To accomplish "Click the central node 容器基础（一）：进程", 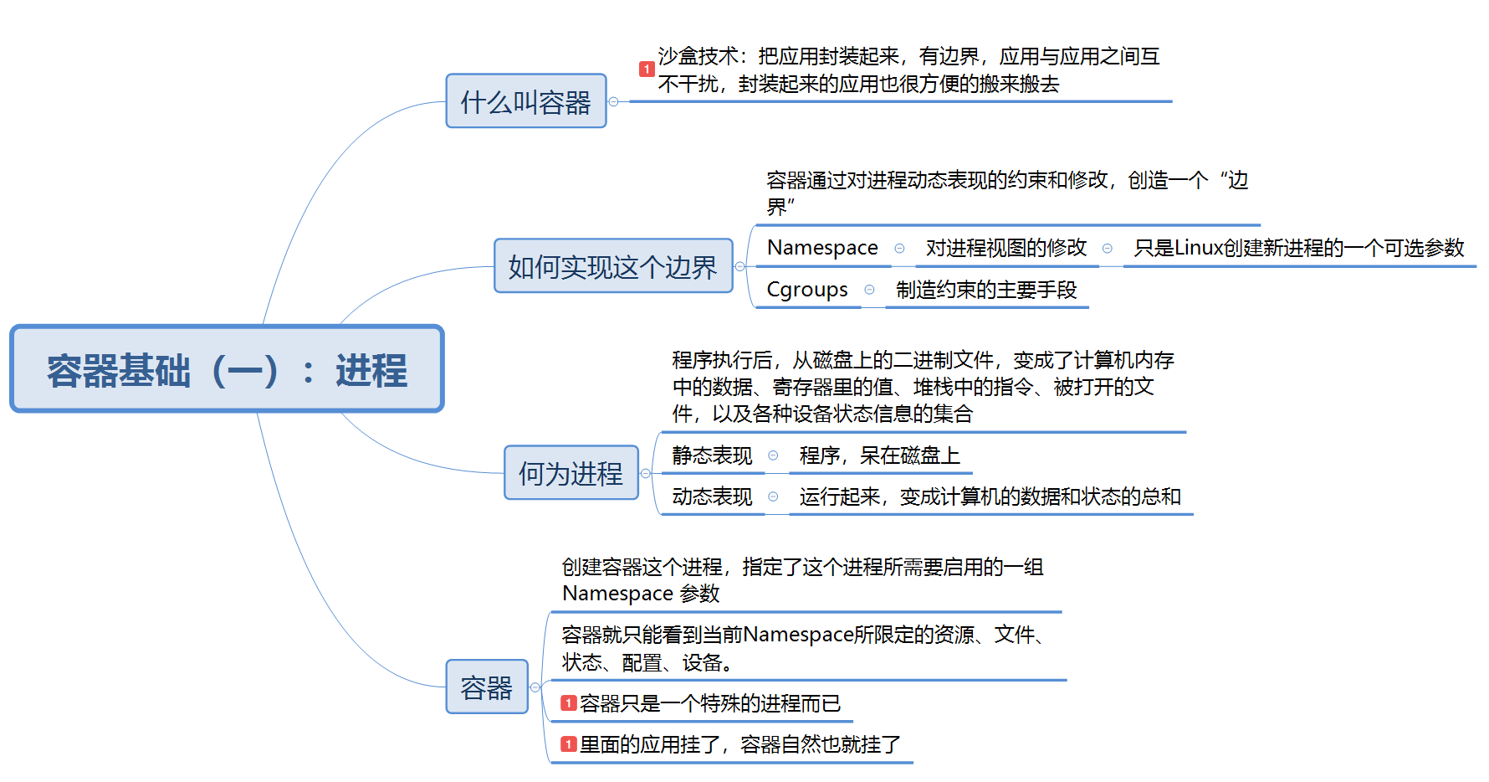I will [227, 369].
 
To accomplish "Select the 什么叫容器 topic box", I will [525, 101].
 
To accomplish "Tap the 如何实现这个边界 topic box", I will [612, 266].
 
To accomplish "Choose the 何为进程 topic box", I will [571, 473].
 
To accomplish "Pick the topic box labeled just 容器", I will [486, 687].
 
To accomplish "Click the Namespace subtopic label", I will [822, 248].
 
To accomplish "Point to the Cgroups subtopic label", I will [807, 290].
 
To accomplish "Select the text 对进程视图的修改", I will [1005, 248].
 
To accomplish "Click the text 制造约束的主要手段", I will [986, 290].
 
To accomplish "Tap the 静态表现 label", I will [712, 455].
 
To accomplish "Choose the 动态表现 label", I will [712, 496].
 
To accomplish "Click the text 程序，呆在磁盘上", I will [879, 455].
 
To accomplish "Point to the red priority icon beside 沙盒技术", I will [647, 69].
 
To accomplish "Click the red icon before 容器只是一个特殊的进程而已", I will [569, 703].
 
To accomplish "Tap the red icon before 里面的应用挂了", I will [569, 744].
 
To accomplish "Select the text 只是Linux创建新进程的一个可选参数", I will [1298, 248].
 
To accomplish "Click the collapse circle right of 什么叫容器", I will [613, 101].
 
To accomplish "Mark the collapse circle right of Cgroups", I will [870, 290].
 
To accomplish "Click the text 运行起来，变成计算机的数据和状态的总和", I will [990, 496].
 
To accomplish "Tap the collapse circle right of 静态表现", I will [773, 455].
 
